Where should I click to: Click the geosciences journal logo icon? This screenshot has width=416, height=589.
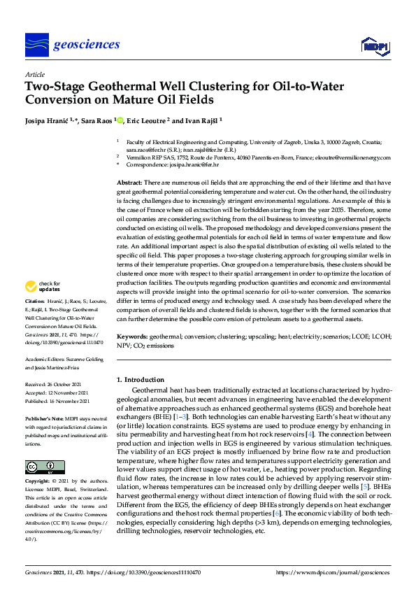(36, 45)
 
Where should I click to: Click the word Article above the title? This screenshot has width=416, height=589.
(34, 73)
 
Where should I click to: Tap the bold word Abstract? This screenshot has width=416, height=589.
(130, 182)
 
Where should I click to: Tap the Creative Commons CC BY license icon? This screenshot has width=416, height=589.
(41, 467)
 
